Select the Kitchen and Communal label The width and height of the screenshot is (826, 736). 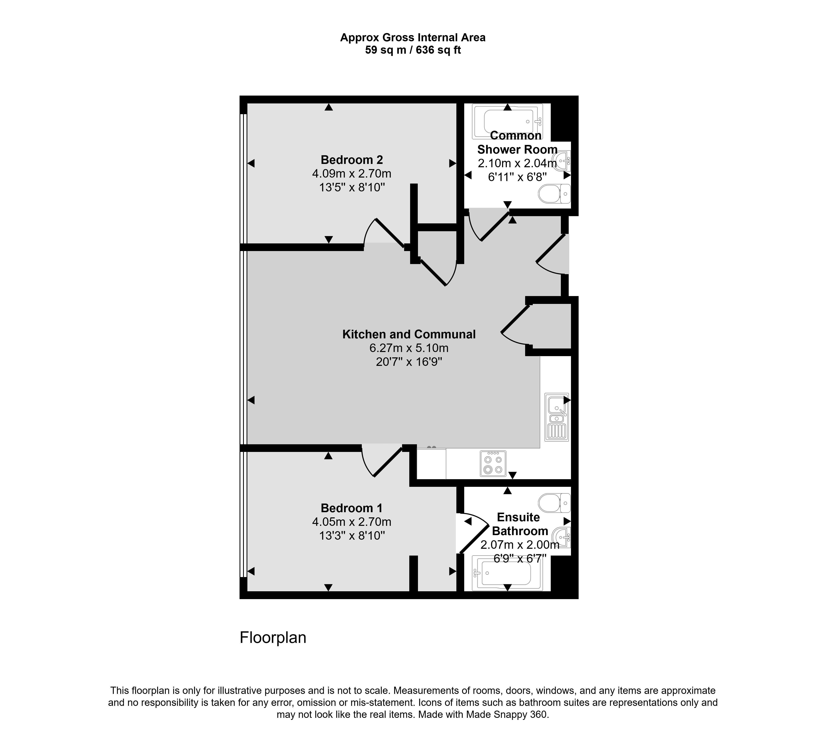(409, 334)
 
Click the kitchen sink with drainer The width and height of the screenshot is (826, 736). (557, 417)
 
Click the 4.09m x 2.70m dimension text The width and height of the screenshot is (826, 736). (351, 174)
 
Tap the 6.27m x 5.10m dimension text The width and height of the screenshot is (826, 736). (409, 348)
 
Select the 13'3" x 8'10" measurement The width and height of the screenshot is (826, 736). (351, 536)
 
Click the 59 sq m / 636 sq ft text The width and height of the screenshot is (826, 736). (413, 50)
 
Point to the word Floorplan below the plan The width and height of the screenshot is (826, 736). (273, 638)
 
